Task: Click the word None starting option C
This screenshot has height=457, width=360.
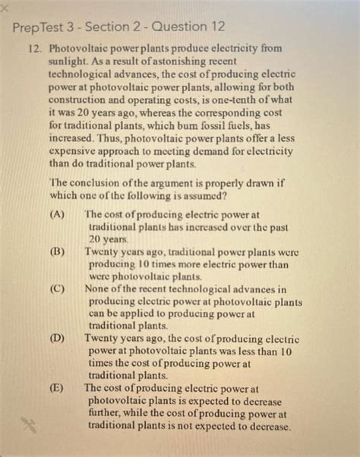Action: pos(98,289)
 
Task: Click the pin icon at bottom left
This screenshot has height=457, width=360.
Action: pos(29,418)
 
